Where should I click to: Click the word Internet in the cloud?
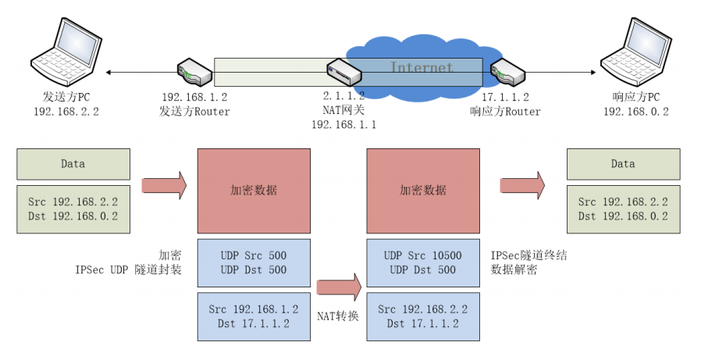[422, 68]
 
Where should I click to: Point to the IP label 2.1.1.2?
[343, 97]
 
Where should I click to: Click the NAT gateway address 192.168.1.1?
[343, 124]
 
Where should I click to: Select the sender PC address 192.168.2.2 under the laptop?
[66, 112]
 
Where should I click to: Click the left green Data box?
[73, 165]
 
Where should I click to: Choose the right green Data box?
[623, 165]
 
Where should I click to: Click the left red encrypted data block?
[254, 190]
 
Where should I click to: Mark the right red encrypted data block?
[423, 190]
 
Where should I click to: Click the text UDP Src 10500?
[423, 255]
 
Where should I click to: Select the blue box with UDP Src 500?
[254, 263]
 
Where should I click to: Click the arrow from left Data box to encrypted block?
[164, 186]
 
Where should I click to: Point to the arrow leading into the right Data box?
[522, 186]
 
